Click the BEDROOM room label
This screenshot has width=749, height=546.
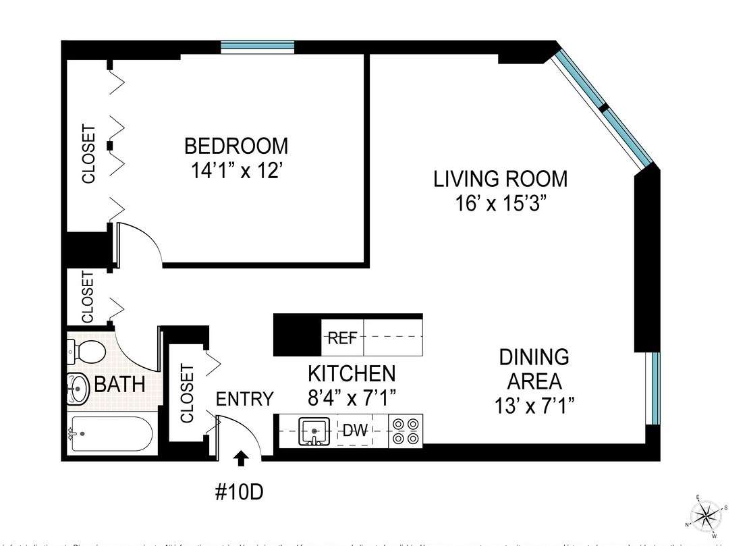pyautogui.click(x=235, y=146)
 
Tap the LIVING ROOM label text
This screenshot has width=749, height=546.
pyautogui.click(x=500, y=180)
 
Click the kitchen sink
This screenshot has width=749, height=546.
pyautogui.click(x=314, y=430)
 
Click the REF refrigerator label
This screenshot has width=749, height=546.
pyautogui.click(x=342, y=339)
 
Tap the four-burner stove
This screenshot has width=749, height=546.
pyautogui.click(x=405, y=431)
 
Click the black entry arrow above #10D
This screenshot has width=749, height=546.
pyautogui.click(x=241, y=459)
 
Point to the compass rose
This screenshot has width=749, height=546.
pyautogui.click(x=706, y=518)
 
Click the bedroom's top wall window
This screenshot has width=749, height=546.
pyautogui.click(x=258, y=47)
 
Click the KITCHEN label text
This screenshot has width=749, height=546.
pyautogui.click(x=352, y=373)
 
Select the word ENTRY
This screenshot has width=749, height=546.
pyautogui.click(x=244, y=399)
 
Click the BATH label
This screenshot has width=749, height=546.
pyautogui.click(x=119, y=385)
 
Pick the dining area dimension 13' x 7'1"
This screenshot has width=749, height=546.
pyautogui.click(x=534, y=405)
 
